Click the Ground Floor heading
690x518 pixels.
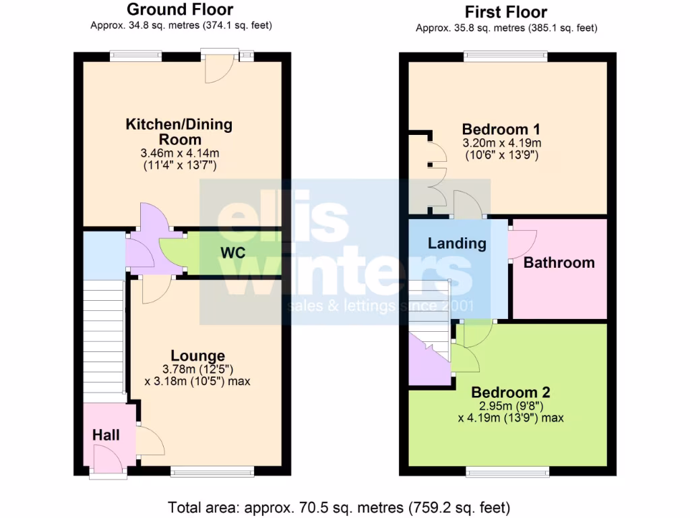click(180, 9)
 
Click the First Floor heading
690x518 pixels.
click(506, 12)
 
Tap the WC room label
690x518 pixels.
click(231, 253)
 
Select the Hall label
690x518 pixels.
click(106, 435)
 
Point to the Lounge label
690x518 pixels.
click(197, 355)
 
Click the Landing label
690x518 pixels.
click(457, 243)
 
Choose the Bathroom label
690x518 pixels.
click(559, 262)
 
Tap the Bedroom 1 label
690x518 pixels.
click(501, 129)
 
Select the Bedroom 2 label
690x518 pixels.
click(511, 392)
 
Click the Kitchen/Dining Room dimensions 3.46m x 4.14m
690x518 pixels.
click(179, 153)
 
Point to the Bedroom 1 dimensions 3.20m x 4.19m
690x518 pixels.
click(501, 143)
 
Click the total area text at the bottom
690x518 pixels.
click(339, 507)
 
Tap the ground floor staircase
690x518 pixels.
click(104, 337)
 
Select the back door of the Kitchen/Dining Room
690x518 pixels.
click(219, 67)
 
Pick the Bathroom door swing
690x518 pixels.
click(523, 243)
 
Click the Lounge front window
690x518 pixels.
click(212, 471)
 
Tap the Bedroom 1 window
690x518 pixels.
click(505, 57)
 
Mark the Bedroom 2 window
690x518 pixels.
click(507, 471)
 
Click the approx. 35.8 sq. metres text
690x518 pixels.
click(506, 28)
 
